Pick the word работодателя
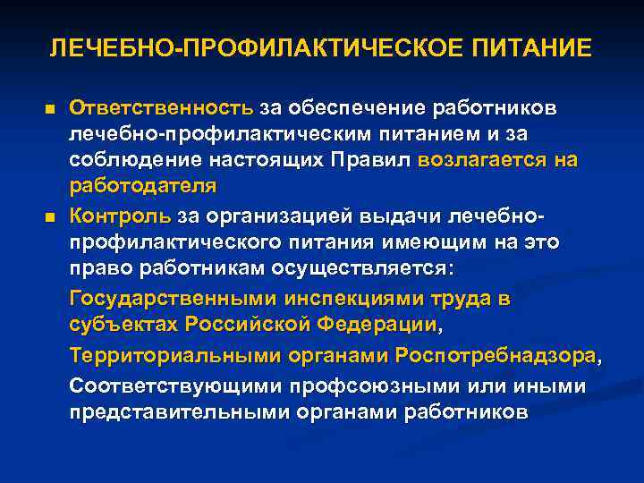pos(142,186)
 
